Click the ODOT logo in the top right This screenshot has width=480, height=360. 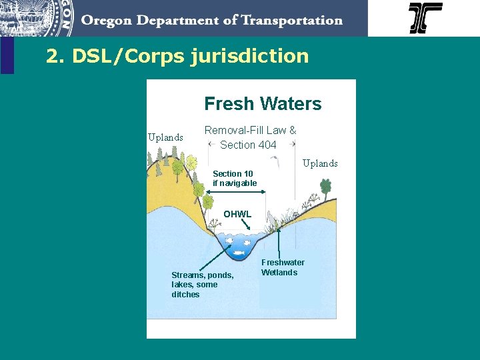[425, 18]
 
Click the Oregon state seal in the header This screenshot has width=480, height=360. [37, 17]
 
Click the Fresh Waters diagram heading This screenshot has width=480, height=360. [263, 104]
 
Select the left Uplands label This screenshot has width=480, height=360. [165, 137]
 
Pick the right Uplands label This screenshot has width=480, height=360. [320, 163]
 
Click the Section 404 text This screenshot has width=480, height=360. [248, 145]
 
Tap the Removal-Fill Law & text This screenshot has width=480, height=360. [250, 131]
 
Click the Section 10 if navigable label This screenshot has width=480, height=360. [234, 178]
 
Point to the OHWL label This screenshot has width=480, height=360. [237, 214]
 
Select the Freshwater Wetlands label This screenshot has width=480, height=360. [282, 267]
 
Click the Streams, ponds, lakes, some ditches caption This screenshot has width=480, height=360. [202, 285]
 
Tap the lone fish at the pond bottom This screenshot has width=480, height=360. [238, 253]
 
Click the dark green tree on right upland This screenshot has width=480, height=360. [325, 187]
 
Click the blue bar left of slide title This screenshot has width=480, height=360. [7, 55]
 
